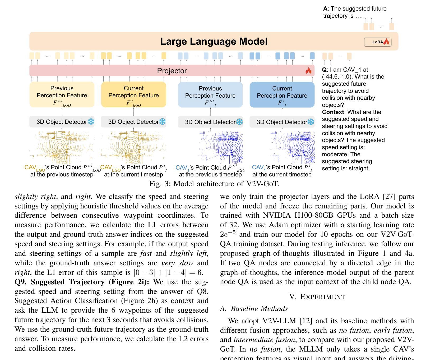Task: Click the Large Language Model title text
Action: click(x=214, y=42)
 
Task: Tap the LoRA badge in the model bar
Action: click(x=378, y=42)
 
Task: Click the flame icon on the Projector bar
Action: click(x=308, y=71)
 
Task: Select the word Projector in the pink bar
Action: click(x=172, y=71)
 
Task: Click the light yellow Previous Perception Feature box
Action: click(x=62, y=95)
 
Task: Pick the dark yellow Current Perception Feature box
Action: click(x=133, y=95)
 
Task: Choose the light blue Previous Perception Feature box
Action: click(x=210, y=95)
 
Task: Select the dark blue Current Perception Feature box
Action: click(x=282, y=95)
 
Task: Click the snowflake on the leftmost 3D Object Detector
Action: click(x=91, y=122)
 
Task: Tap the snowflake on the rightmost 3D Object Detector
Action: click(x=311, y=122)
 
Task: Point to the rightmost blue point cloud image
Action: click(x=292, y=147)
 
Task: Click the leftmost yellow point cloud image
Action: click(x=62, y=147)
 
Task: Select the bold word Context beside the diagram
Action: click(x=333, y=112)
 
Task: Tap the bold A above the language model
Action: click(x=325, y=9)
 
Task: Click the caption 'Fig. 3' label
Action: click(x=160, y=184)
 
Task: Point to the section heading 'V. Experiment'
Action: click(x=317, y=297)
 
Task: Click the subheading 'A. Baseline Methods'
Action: click(x=254, y=309)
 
